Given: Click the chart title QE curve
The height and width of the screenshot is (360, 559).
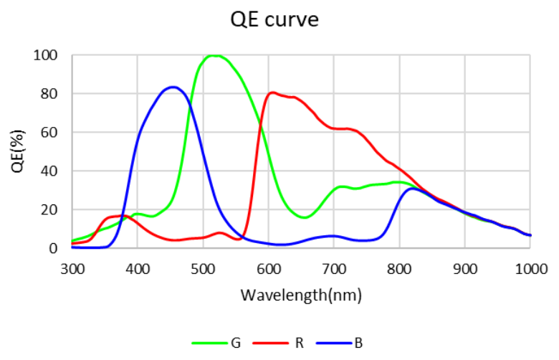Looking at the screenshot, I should (275, 20).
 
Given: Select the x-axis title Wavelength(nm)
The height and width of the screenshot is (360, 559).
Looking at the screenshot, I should (301, 295).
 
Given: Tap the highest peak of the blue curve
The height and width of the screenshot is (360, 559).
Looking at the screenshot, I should (173, 87).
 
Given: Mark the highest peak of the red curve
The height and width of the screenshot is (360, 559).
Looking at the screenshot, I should (272, 92).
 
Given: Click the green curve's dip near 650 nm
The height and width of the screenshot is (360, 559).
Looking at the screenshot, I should (304, 217).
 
